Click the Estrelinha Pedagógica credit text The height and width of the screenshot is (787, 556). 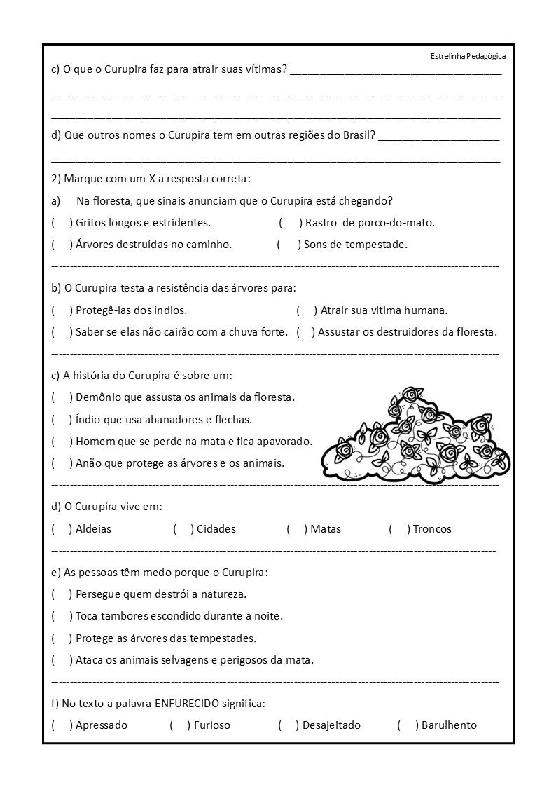click(x=468, y=57)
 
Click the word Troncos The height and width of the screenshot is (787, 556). click(x=432, y=529)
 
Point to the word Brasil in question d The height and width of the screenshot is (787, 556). click(x=359, y=135)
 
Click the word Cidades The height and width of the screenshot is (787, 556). click(x=216, y=529)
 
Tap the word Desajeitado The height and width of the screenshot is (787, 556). click(x=331, y=725)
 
